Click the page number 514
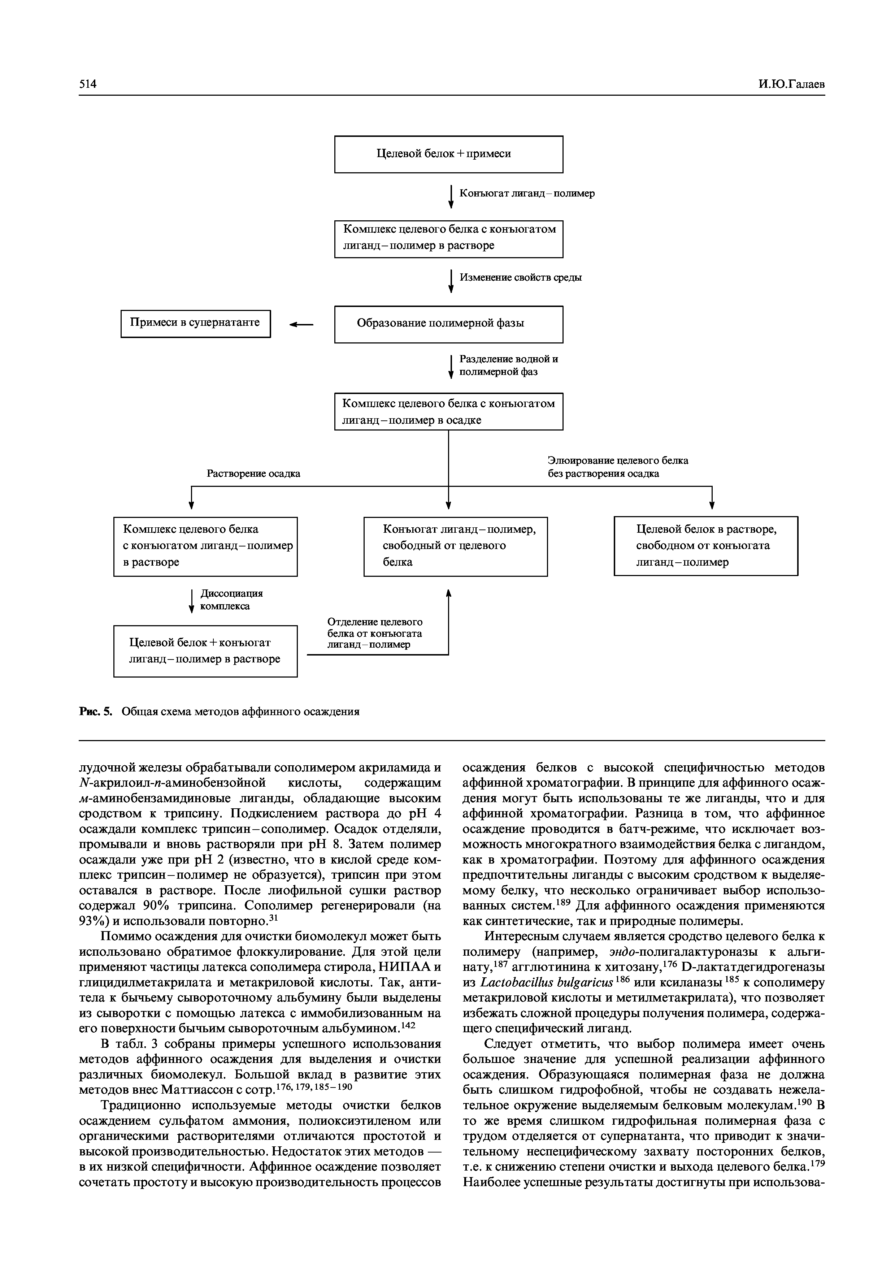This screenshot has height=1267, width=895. [88, 84]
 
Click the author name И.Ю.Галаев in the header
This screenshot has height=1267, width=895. [791, 84]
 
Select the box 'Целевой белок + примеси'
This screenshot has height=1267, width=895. [448, 154]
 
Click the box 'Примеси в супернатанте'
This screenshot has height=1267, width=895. [196, 323]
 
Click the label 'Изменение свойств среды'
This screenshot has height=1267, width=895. [521, 278]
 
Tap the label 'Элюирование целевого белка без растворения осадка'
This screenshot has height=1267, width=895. [618, 467]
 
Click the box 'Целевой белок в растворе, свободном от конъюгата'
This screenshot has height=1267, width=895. [706, 546]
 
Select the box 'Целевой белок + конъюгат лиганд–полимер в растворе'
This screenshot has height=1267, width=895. [205, 651]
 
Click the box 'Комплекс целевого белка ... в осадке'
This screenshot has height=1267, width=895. [448, 412]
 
